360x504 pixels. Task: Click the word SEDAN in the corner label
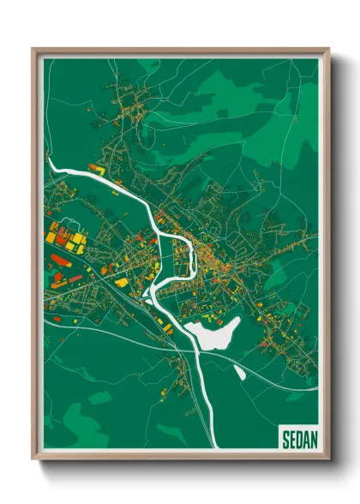point(299,440)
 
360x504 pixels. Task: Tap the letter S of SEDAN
point(285,440)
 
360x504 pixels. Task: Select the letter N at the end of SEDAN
point(313,440)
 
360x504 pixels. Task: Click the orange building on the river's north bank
point(95,171)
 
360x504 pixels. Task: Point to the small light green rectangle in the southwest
point(100,398)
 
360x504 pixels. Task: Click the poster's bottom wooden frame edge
point(180,459)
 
